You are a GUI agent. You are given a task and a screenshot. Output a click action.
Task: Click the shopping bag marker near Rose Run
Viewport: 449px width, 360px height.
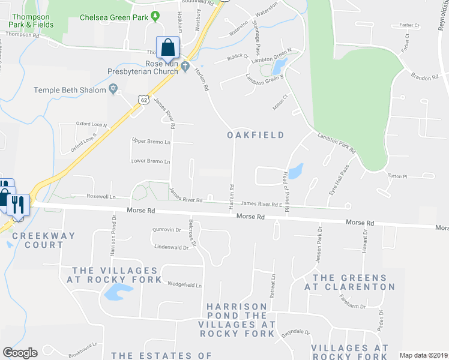tap(168, 47)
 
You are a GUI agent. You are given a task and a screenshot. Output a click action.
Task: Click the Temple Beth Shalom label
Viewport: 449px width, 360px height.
tap(70, 90)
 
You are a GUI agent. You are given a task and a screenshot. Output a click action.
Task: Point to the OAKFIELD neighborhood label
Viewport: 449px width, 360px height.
tap(255, 135)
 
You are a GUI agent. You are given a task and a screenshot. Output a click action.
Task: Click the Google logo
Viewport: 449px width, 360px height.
tap(20, 353)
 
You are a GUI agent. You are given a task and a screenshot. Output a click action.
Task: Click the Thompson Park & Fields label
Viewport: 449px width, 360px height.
tap(32, 21)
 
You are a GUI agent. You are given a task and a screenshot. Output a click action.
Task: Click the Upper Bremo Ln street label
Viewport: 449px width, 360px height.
tap(151, 141)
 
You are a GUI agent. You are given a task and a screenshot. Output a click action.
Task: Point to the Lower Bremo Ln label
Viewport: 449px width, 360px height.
tap(151, 161)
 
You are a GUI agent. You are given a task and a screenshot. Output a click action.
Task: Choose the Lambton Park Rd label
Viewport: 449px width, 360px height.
tap(337, 144)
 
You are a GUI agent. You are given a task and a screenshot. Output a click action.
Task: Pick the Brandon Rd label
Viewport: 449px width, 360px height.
tap(425, 77)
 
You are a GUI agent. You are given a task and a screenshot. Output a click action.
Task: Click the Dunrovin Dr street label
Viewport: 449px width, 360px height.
tap(167, 230)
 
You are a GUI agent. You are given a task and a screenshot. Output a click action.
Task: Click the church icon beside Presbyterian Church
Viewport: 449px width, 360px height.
tap(185, 65)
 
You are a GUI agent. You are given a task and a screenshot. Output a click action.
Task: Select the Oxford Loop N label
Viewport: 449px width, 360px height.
tap(91, 124)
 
